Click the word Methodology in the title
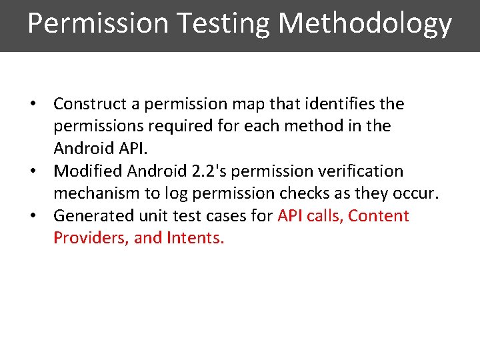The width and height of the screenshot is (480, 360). pyautogui.click(x=365, y=24)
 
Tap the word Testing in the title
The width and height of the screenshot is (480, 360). pyautogui.click(x=223, y=24)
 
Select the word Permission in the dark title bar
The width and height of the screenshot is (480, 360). pyautogui.click(x=99, y=24)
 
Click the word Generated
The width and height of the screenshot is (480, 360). pyautogui.click(x=89, y=216)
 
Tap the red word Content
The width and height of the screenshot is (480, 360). pyautogui.click(x=379, y=216)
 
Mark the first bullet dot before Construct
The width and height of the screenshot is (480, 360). pyautogui.click(x=32, y=105)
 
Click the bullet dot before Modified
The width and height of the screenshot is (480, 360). pyautogui.click(x=32, y=172)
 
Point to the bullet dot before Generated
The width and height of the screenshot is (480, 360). pyautogui.click(x=32, y=217)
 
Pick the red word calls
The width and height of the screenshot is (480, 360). pyautogui.click(x=323, y=216)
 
